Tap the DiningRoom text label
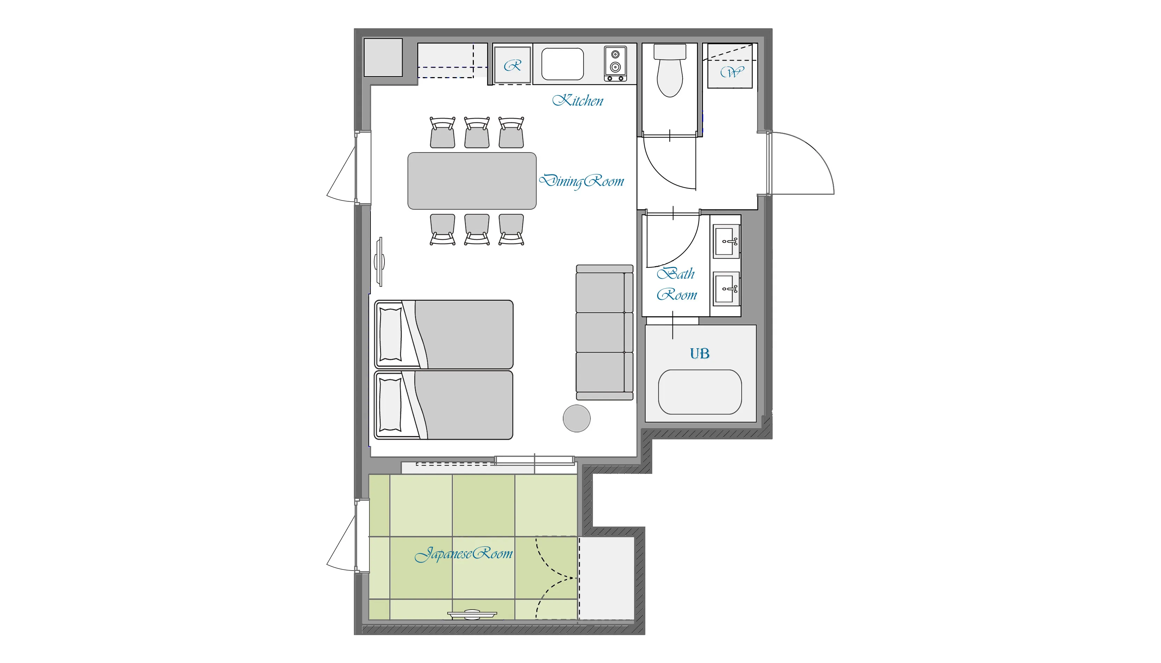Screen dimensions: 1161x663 point(581,181)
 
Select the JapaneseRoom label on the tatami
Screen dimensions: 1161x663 point(463,554)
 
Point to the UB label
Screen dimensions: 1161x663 point(699,353)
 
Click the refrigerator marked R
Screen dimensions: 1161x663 point(513,65)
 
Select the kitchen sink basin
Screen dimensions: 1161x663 point(562,64)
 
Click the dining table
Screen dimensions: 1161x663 point(472,181)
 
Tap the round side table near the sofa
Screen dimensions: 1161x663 point(576,418)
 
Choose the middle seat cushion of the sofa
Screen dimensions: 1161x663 point(601,332)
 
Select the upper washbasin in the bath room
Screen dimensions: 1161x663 point(726,241)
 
